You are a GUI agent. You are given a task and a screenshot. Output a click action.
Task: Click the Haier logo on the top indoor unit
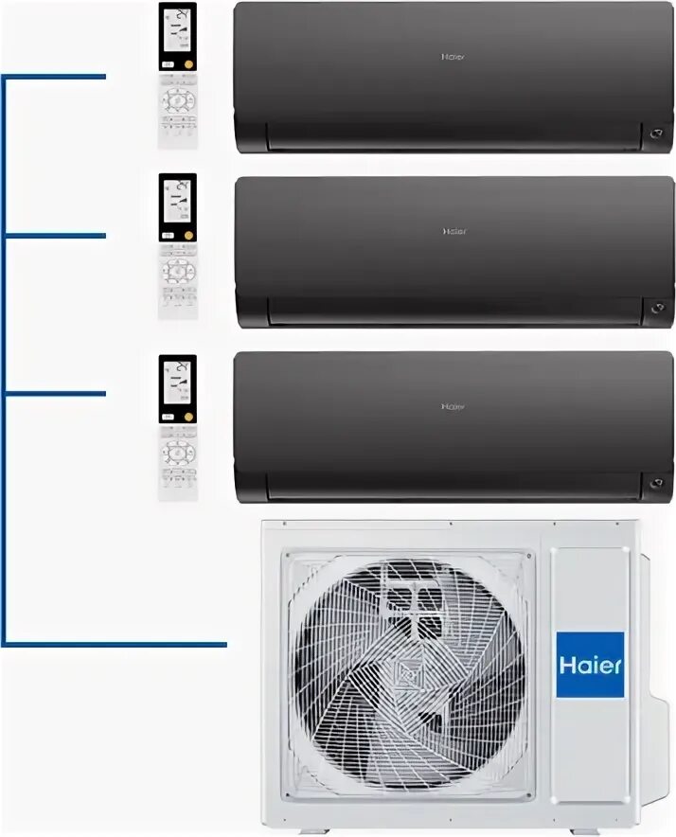pos(454,56)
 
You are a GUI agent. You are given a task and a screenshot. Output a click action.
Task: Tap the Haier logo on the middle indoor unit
pos(454,231)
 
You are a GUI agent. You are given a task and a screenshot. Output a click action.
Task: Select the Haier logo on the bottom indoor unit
pos(454,406)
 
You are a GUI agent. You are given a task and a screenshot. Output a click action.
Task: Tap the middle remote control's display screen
pos(177,201)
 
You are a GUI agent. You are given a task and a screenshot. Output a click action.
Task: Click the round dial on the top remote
pos(177,100)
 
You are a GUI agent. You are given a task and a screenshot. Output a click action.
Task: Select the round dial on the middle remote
pos(177,273)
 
